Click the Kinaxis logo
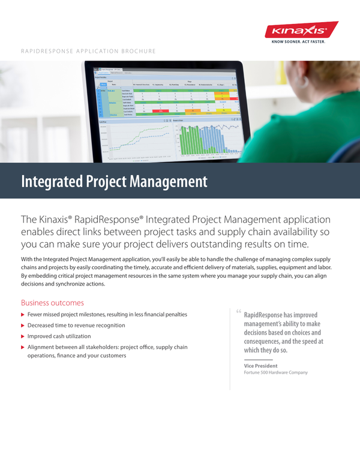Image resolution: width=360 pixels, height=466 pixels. [301, 30]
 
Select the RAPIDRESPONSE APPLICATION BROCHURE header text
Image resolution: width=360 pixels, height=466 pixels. [88, 52]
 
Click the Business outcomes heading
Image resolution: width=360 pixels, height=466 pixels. [52, 303]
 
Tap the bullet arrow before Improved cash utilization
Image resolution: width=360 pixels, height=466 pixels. [23, 336]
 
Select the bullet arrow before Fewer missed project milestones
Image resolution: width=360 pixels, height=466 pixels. [23, 315]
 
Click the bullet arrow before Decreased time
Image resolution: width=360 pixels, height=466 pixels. [23, 326]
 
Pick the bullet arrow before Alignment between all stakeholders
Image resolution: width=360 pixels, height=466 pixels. [23, 347]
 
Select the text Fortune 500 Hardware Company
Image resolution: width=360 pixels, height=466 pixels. [275, 372]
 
